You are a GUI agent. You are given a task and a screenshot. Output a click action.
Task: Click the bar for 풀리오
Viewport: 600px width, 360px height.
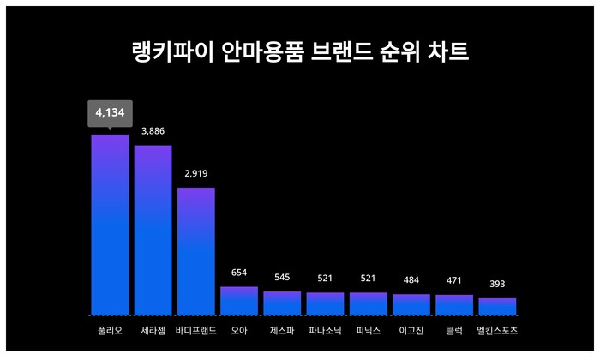110,225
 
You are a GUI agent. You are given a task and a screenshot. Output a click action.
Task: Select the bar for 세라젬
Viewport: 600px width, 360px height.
153,230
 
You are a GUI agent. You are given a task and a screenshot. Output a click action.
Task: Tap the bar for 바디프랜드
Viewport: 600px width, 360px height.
195,251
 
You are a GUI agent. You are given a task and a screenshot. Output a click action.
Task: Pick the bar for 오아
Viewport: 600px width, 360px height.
239,301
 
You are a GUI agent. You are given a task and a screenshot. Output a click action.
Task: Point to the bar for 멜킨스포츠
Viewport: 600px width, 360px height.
497,307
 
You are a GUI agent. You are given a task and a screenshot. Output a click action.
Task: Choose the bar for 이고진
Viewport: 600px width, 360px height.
411,304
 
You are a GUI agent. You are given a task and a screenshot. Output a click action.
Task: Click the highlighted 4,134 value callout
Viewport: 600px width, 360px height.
110,113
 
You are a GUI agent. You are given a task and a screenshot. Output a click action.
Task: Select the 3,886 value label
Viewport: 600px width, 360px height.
153,131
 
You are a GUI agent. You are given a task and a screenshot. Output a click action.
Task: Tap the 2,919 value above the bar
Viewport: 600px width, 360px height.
195,173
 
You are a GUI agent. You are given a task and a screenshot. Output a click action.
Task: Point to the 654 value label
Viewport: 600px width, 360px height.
239,273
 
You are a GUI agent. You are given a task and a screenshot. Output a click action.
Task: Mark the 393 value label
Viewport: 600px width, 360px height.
497,284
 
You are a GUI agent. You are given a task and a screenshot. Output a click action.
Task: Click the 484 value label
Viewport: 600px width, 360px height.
411,280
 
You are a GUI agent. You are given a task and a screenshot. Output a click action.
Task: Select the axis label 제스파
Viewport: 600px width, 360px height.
282,330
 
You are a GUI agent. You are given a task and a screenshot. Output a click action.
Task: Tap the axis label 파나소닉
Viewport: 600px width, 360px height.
325,330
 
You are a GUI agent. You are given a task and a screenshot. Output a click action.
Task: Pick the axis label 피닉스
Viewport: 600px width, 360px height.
369,330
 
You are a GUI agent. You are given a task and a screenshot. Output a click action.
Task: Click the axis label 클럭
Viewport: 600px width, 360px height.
454,330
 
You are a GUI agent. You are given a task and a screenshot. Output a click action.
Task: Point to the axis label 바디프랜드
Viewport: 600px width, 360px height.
195,330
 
